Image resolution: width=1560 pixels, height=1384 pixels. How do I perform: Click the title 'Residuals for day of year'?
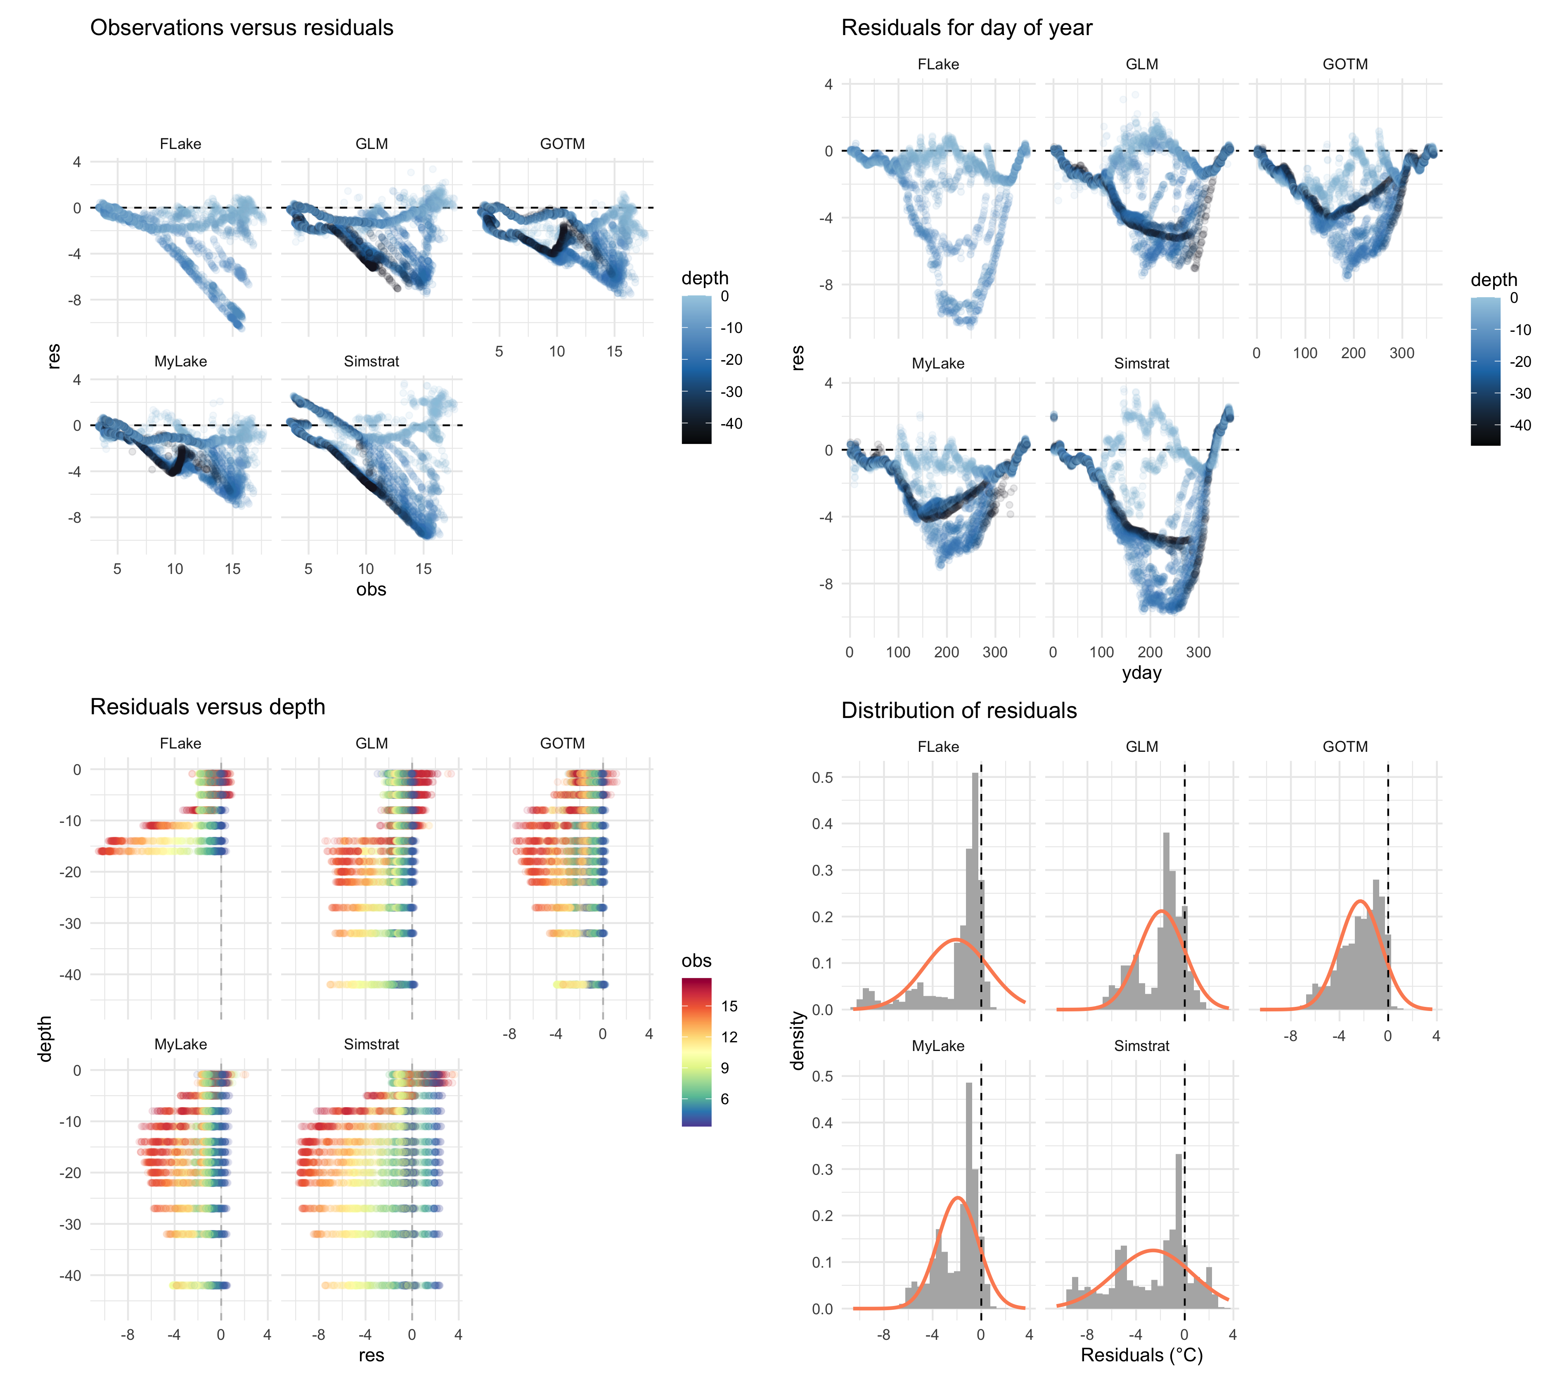[966, 28]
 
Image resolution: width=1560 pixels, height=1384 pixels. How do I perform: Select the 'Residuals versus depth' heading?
[208, 707]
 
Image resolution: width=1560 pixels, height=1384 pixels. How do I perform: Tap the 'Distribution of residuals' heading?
[959, 711]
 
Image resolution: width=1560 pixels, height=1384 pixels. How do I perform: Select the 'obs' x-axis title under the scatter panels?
[371, 590]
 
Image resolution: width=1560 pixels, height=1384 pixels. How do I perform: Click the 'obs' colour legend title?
[696, 961]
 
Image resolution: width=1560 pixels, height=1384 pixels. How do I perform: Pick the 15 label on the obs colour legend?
[729, 1006]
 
